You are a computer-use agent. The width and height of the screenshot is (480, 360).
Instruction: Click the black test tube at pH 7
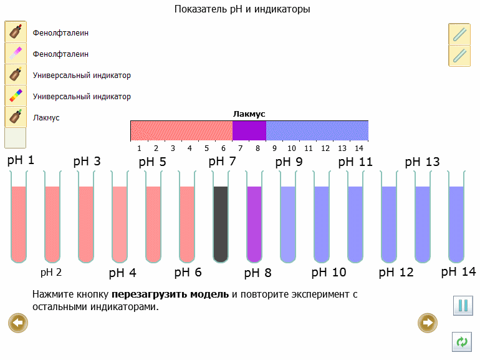click(x=221, y=223)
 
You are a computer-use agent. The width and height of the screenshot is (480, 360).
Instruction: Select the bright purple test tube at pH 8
click(x=254, y=223)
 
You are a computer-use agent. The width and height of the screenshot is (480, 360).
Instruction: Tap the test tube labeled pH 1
click(x=19, y=223)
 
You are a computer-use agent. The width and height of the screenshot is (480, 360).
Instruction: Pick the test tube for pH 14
click(x=456, y=223)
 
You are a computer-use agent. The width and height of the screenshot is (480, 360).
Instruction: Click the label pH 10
click(x=329, y=273)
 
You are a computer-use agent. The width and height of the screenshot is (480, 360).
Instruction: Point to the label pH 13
click(x=422, y=162)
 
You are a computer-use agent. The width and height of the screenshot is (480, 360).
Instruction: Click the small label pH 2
click(x=51, y=272)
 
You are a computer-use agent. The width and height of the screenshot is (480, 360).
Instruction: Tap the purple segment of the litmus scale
click(x=249, y=130)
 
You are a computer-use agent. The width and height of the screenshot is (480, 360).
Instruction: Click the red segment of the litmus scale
click(x=181, y=130)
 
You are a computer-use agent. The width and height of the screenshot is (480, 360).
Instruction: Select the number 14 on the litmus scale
click(x=358, y=148)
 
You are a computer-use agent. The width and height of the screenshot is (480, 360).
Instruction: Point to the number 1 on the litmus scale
click(x=139, y=148)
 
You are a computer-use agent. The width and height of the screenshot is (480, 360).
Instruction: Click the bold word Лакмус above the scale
click(x=249, y=114)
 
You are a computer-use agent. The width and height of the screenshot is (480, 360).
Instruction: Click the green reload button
click(x=462, y=342)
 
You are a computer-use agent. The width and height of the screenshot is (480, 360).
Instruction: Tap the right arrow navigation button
click(x=428, y=323)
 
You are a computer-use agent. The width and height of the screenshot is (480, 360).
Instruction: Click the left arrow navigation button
click(x=18, y=323)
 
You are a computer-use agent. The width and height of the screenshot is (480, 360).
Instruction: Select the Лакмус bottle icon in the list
click(x=15, y=117)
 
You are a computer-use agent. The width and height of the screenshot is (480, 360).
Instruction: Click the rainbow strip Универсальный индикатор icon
click(x=15, y=95)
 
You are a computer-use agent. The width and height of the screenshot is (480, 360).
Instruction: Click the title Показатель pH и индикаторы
click(x=242, y=9)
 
